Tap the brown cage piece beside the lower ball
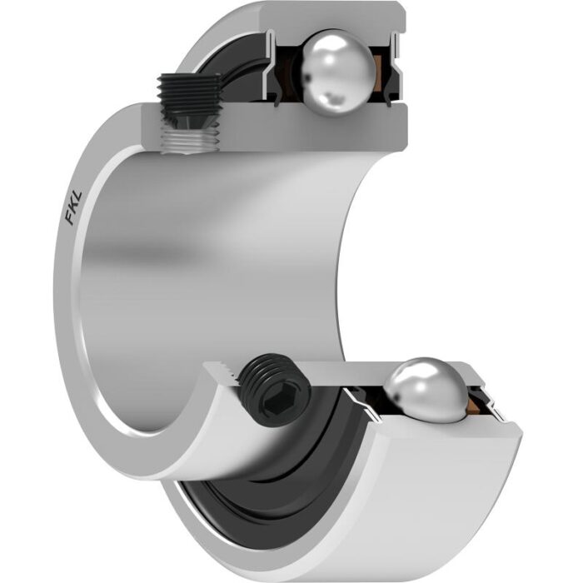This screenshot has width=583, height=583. pyautogui.click(x=474, y=405)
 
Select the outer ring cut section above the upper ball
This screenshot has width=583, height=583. pyautogui.click(x=332, y=17)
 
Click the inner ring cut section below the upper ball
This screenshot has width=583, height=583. pyautogui.click(x=275, y=127)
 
